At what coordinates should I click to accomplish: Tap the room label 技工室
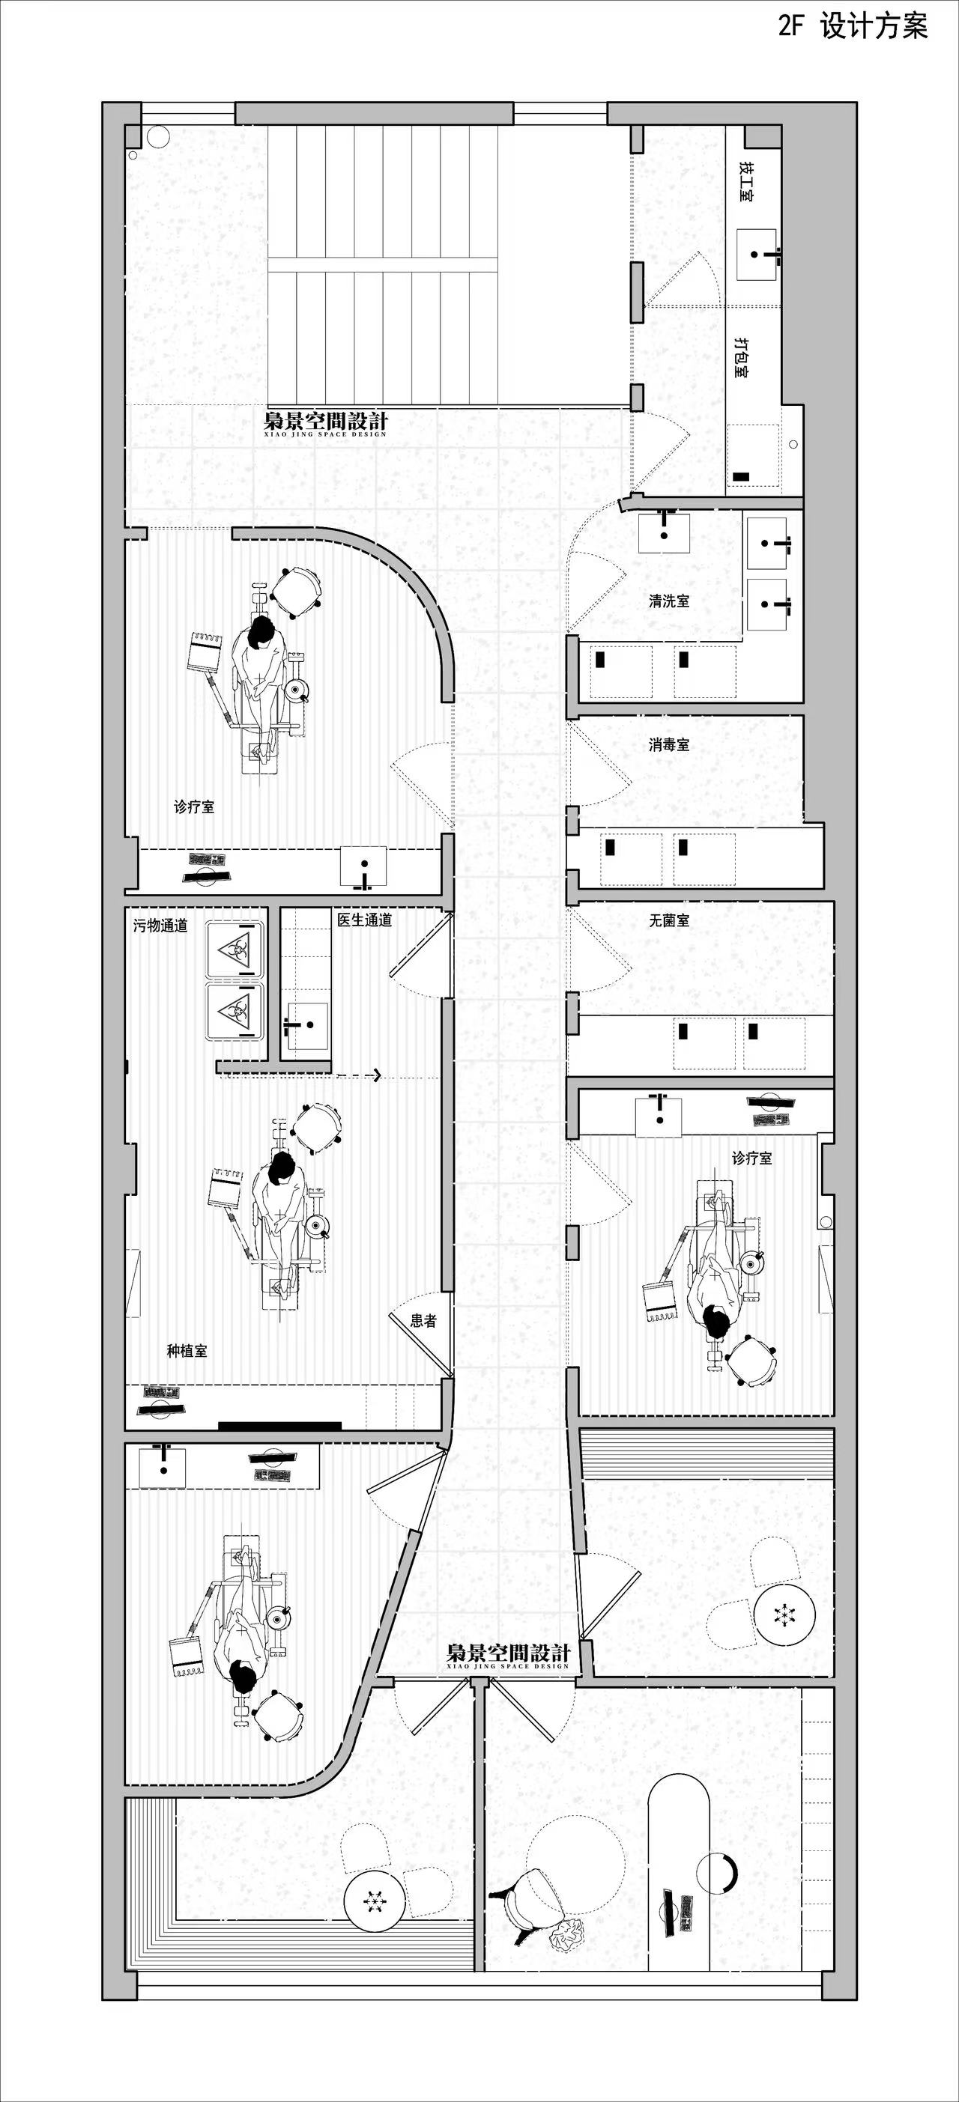click(x=746, y=180)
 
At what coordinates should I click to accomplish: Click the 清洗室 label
click(x=669, y=601)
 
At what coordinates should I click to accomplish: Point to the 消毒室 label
click(x=669, y=744)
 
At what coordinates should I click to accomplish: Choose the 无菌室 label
click(x=669, y=920)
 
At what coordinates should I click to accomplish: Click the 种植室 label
click(x=187, y=1350)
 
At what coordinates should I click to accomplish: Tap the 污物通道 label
click(x=161, y=926)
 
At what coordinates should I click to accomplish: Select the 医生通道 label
click(x=365, y=920)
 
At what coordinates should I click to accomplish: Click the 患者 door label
click(x=423, y=1320)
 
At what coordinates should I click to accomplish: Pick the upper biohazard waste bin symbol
click(x=235, y=949)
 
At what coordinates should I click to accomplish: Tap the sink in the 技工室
click(x=757, y=255)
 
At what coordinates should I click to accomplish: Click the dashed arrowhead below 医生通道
click(x=376, y=1075)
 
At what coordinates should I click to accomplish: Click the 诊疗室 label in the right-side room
click(x=751, y=1157)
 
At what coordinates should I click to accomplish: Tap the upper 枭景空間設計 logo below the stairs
click(x=326, y=422)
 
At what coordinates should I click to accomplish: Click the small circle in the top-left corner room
click(x=157, y=136)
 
